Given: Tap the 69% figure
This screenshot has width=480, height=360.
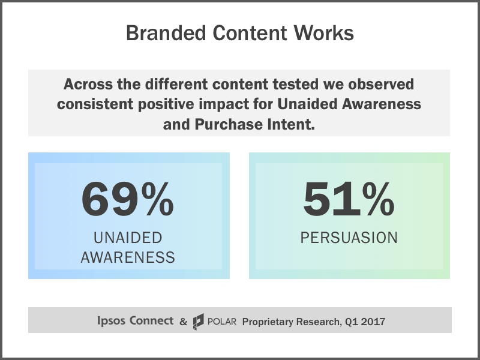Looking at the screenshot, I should click(x=128, y=199).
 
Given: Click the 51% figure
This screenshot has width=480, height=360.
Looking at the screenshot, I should click(x=349, y=199).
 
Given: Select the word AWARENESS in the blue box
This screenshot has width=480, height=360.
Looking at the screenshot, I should click(x=128, y=258).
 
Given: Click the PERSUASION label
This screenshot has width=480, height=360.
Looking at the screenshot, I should click(x=349, y=238).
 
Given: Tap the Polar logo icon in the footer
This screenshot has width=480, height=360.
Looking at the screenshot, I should click(x=199, y=322).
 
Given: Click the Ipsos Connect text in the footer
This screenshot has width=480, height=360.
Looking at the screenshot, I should click(x=135, y=321).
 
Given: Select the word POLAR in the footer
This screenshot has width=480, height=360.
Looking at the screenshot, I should click(x=223, y=322).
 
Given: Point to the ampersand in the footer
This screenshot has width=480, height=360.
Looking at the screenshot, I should click(x=183, y=322).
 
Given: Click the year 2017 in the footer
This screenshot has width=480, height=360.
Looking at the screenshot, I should click(x=373, y=322).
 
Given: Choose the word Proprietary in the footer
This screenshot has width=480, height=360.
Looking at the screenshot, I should click(x=269, y=322).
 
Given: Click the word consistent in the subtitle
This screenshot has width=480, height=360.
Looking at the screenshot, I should click(x=95, y=104).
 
